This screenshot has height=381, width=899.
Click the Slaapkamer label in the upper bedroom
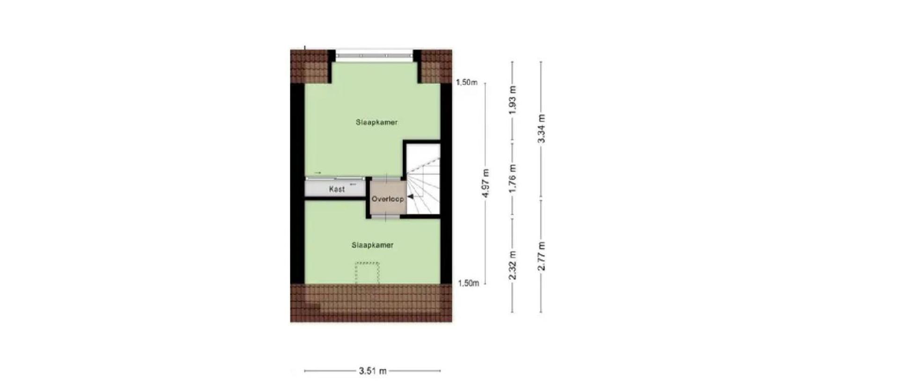(376, 123)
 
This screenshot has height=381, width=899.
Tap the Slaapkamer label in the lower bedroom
(372, 245)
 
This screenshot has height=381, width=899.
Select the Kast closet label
(337, 189)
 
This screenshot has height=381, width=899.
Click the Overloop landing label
(387, 199)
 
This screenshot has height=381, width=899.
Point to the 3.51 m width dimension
(373, 371)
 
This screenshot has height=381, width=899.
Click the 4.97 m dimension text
(486, 183)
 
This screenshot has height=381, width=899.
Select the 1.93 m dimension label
(513, 100)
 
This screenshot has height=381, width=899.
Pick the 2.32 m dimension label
(513, 265)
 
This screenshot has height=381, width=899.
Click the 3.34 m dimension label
(541, 128)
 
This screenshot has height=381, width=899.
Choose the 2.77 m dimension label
(541, 256)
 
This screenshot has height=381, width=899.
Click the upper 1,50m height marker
(467, 83)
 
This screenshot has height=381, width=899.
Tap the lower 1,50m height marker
(468, 283)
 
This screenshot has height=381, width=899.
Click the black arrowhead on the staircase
(410, 197)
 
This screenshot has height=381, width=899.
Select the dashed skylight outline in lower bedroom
(367, 273)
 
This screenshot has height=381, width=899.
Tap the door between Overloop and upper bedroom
(387, 177)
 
